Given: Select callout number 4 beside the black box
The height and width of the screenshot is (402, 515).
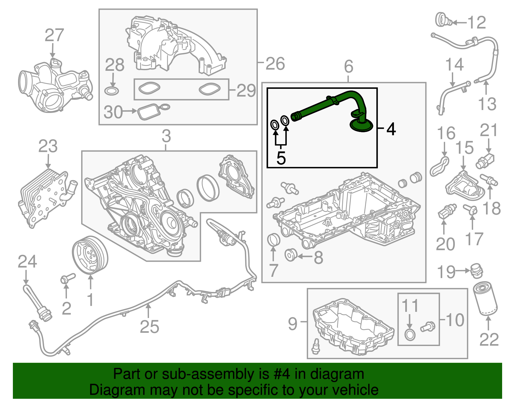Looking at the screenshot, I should pos(391,129).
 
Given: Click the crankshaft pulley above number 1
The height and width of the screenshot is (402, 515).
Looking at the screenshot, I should pos(89,255).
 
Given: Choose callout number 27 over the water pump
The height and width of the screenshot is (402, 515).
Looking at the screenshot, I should pos(54,35).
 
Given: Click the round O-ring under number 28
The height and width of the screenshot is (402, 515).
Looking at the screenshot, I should pos(112,91).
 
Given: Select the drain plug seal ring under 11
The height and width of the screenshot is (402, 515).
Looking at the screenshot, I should pos(409,335).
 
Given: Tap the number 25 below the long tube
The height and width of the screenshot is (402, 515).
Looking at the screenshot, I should pos(149,327).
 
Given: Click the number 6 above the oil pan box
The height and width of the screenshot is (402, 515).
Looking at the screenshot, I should pos(349,67).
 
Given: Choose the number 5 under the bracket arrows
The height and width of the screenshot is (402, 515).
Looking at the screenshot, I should pos(281,158).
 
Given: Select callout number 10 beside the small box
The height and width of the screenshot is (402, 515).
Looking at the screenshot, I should pos(455,320).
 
